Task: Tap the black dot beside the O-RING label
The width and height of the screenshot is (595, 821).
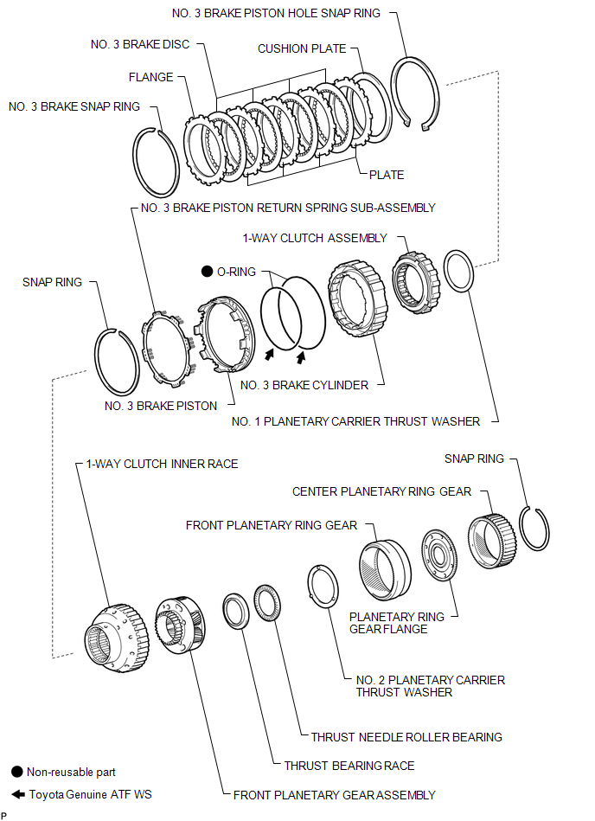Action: tap(207, 272)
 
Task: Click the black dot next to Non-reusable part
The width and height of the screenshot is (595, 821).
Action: tap(16, 772)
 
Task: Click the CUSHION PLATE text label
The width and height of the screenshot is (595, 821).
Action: tap(302, 49)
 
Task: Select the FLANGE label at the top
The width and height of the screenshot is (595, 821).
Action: tap(151, 77)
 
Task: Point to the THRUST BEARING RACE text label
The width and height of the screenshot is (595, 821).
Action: tap(349, 765)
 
